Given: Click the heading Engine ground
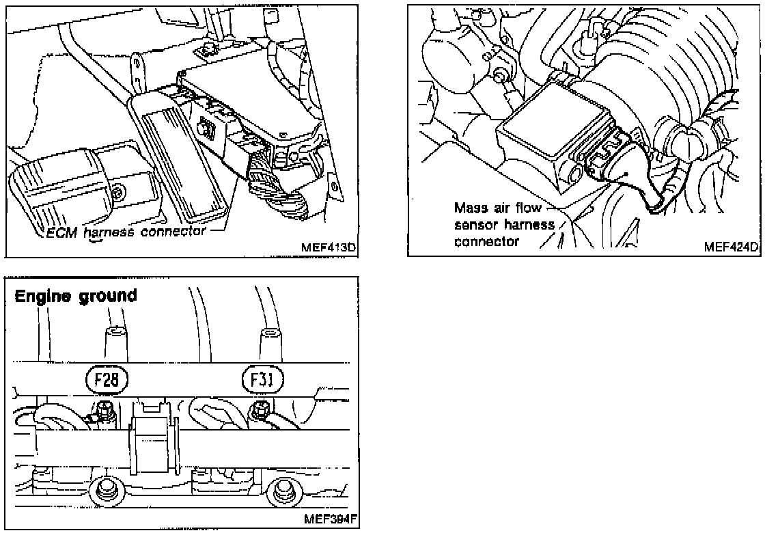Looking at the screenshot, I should (76, 295).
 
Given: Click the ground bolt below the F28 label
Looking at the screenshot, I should (105, 411).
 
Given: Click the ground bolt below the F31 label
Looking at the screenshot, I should (259, 411).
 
